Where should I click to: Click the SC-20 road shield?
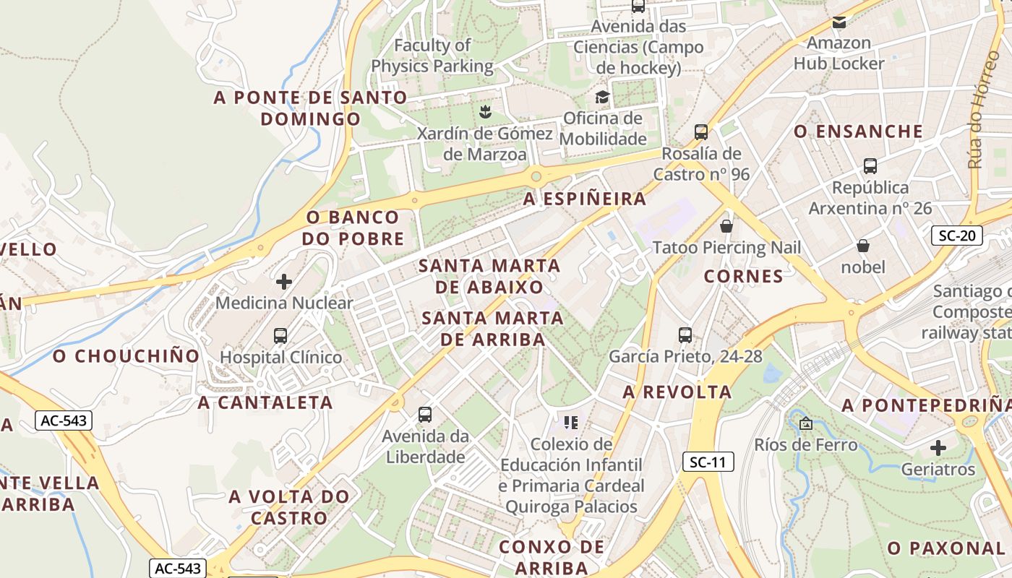(956, 235)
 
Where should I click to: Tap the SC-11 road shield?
(708, 462)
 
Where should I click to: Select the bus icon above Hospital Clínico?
(280, 336)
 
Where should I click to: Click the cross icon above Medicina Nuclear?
(284, 281)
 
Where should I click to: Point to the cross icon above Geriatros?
(938, 448)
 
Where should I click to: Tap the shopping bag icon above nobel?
(862, 246)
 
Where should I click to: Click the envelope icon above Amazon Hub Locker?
(839, 22)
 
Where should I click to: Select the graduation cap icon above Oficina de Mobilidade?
(601, 97)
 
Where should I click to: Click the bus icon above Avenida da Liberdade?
(425, 415)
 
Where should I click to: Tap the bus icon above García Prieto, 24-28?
(685, 335)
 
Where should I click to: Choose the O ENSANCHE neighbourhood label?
(858, 131)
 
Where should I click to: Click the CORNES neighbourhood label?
(743, 276)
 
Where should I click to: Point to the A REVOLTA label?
(677, 392)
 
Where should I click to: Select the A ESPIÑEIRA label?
(584, 199)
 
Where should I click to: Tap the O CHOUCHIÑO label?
(126, 356)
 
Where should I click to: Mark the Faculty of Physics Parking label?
(432, 56)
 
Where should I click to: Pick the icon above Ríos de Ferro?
(806, 423)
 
